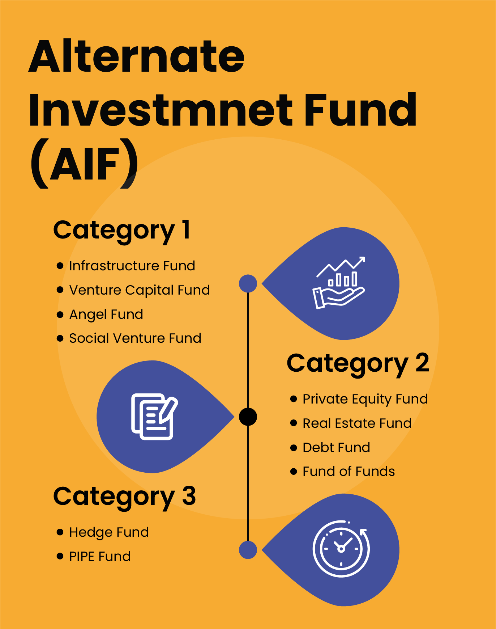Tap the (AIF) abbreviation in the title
tap(84, 164)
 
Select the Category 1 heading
tap(121, 230)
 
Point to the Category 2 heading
tap(358, 363)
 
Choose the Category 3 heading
tap(124, 497)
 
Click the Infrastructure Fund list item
tap(132, 266)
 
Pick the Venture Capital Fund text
tap(140, 290)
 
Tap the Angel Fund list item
tap(106, 314)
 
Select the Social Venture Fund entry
tap(135, 338)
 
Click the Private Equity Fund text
tap(365, 399)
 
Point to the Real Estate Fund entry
tap(357, 423)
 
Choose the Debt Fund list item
tap(336, 448)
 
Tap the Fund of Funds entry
tap(349, 472)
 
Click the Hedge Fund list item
tap(109, 532)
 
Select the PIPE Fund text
tap(100, 557)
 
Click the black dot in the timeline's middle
tap(248, 417)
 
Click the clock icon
tap(341, 549)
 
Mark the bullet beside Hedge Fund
tap(60, 532)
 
